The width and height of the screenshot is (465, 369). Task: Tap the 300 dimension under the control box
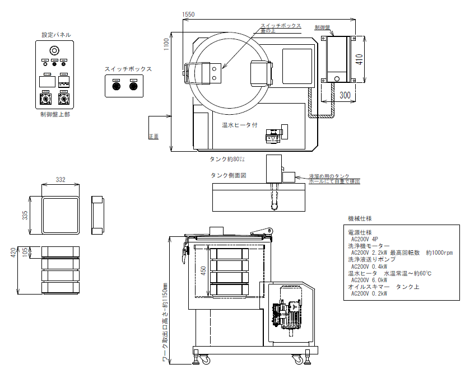pyautogui.click(x=345, y=95)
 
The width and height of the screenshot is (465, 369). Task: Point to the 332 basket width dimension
pyautogui.click(x=61, y=180)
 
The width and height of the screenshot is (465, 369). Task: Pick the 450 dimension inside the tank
pyautogui.click(x=204, y=270)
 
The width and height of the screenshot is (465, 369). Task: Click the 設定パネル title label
pyautogui.click(x=56, y=35)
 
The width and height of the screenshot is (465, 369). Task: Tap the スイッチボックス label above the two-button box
pyautogui.click(x=128, y=69)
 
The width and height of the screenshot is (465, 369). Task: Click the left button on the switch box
pyautogui.click(x=117, y=86)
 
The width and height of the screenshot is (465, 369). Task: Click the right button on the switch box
pyautogui.click(x=133, y=86)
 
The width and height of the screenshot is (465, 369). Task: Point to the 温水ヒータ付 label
pyautogui.click(x=239, y=125)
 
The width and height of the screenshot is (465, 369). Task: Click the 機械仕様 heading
pyautogui.click(x=360, y=218)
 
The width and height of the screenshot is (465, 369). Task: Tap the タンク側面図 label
pyautogui.click(x=229, y=175)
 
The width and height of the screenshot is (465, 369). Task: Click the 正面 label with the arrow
pyautogui.click(x=154, y=136)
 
